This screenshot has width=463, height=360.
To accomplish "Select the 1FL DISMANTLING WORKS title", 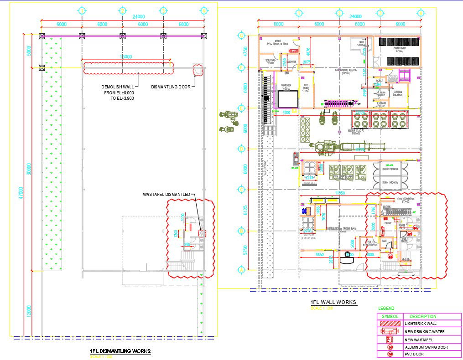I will pos(120,351).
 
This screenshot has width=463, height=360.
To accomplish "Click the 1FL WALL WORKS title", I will pos(333,302).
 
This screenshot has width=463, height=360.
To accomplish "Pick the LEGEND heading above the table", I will pos(386,309).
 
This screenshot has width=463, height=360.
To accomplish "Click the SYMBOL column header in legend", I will pos(390,316).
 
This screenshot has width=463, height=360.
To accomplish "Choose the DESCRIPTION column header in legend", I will pos(423,316).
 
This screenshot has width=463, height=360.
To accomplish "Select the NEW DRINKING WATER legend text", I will pos(424,332).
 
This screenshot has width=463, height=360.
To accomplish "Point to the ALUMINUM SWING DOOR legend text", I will pos(426,347).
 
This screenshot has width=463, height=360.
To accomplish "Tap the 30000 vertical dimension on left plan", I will pos(29,169).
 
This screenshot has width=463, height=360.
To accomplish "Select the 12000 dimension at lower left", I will pos(29,312).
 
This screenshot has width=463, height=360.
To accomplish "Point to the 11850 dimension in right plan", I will pos(340,194).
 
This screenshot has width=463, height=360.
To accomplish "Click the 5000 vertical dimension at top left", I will pos(29,50).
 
